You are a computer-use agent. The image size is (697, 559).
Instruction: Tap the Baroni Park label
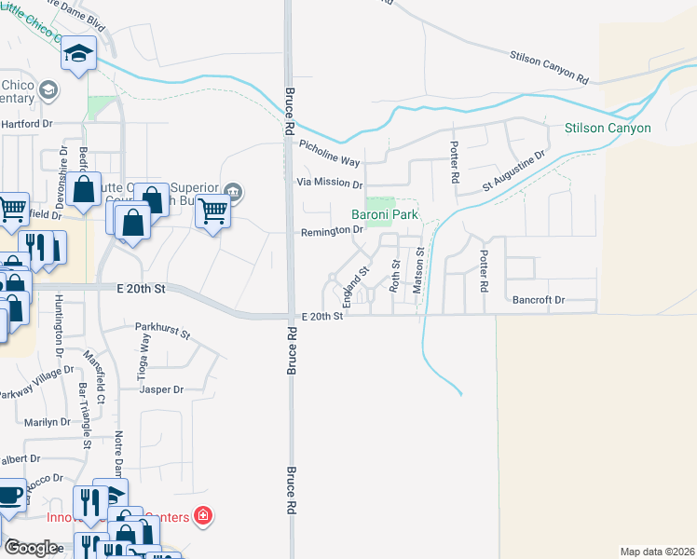pos(383,214)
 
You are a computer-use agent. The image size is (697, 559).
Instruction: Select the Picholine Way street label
pos(330,153)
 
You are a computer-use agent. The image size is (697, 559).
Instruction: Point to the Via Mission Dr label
pos(328,183)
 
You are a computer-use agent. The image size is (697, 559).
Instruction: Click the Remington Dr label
pos(330,230)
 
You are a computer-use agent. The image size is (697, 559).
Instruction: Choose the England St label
pos(357,286)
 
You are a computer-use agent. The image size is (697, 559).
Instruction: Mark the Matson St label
pos(418,270)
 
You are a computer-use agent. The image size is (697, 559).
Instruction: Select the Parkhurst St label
pos(162,330)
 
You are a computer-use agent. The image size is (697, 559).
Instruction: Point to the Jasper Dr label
pos(161,389)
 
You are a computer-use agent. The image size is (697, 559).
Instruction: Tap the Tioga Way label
pos(145,354)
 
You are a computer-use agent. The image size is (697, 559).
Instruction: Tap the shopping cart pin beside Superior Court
pos(213,213)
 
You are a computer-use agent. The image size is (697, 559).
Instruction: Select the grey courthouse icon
pos(233,193)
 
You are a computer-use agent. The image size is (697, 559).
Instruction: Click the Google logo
pos(32,548)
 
